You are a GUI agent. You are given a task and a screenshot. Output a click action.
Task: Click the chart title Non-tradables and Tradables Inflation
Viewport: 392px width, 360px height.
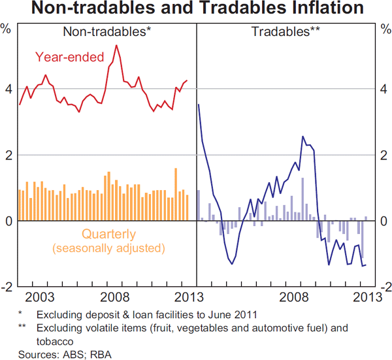pyautogui.click(x=196, y=9)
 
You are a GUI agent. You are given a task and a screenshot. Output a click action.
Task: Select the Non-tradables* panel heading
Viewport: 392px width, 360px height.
pyautogui.click(x=107, y=31)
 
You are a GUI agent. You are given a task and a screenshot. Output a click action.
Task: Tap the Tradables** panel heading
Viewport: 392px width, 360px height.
pyautogui.click(x=285, y=31)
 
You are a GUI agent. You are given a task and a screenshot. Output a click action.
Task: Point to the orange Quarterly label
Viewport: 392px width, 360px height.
pyautogui.click(x=108, y=234)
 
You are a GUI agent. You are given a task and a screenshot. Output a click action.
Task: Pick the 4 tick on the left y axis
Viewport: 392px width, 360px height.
pyautogui.click(x=8, y=88)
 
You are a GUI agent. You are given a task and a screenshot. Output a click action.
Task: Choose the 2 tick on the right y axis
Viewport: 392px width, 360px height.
pyautogui.click(x=384, y=155)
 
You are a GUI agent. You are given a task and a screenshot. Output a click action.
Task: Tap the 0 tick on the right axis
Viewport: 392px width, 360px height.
pyautogui.click(x=384, y=221)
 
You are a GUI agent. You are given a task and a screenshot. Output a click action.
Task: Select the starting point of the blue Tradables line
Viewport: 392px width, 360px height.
pyautogui.click(x=198, y=105)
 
